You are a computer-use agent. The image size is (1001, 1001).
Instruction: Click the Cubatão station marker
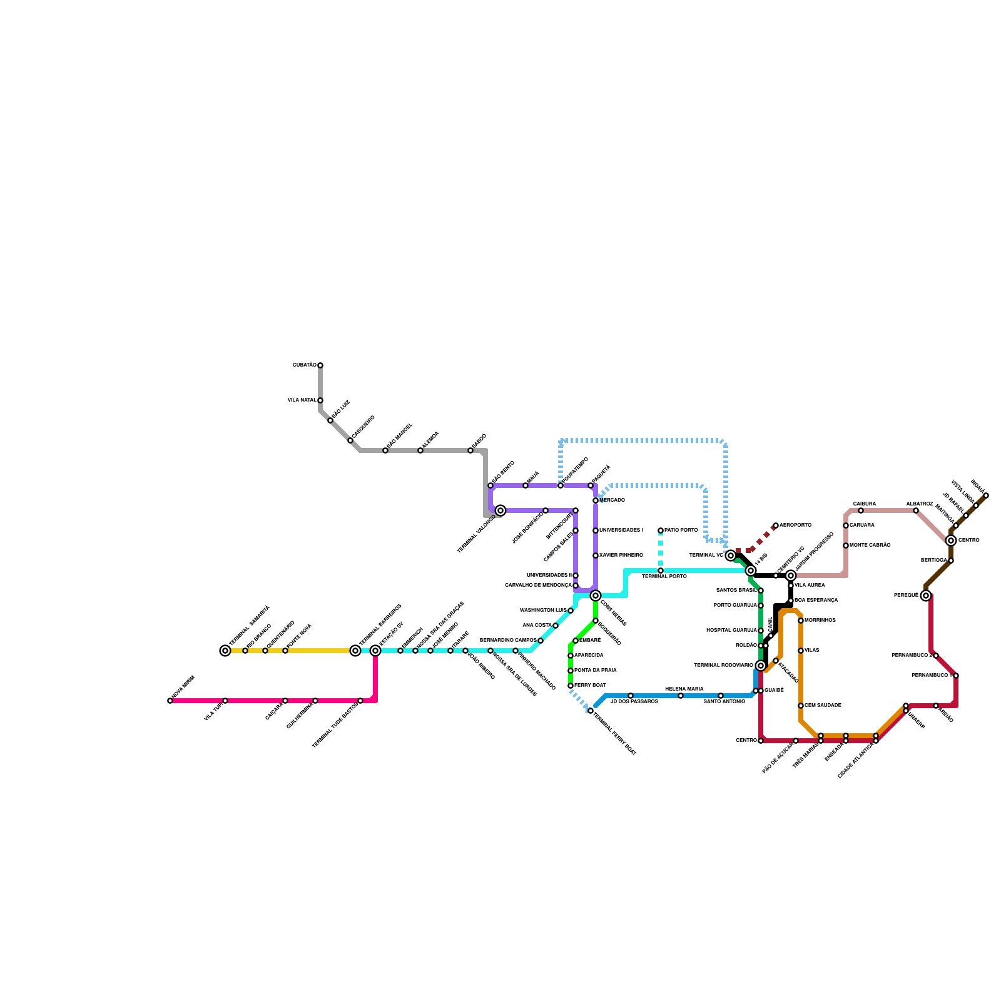320,365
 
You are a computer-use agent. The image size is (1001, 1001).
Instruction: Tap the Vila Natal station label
302,400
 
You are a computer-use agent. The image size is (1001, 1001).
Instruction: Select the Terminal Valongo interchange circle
500,511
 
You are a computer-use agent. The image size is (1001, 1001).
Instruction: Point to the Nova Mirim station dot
170,701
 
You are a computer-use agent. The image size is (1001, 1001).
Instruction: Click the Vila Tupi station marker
225,701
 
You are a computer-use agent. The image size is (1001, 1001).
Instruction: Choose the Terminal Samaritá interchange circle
225,651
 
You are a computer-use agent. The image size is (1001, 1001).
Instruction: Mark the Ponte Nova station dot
285,651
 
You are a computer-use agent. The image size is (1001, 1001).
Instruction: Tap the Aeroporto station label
795,526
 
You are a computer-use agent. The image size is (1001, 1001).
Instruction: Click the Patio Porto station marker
661,531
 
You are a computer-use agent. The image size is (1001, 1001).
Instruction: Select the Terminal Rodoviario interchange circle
761,666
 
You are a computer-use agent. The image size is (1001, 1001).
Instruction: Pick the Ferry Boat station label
590,686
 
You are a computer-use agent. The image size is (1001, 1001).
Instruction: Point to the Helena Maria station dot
681,696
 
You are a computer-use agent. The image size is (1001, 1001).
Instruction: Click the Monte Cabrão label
870,546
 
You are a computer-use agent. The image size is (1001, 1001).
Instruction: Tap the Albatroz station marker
916,511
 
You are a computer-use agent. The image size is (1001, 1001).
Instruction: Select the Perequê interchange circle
926,596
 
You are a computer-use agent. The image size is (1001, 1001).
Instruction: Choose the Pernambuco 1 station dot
956,676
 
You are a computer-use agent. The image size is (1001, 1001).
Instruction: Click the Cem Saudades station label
823,706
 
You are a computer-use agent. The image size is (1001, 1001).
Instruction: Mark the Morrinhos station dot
801,621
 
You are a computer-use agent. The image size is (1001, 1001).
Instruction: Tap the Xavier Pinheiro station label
621,556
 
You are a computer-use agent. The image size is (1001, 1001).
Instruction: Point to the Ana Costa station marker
556,626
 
